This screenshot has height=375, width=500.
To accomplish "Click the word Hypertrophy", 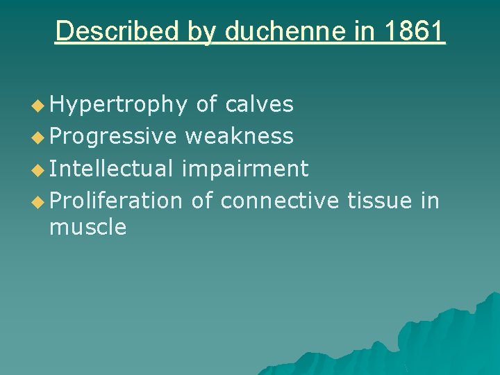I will pos(119,105).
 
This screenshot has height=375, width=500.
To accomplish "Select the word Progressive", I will pos(114,136).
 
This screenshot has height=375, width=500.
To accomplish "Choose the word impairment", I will pos(244,168).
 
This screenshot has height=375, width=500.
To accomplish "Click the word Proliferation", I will pos(116,200).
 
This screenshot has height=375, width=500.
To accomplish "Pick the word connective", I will pos(280,200).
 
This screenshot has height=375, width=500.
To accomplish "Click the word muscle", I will pos(88,227).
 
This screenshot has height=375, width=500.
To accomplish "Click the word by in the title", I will pos(201,32).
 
